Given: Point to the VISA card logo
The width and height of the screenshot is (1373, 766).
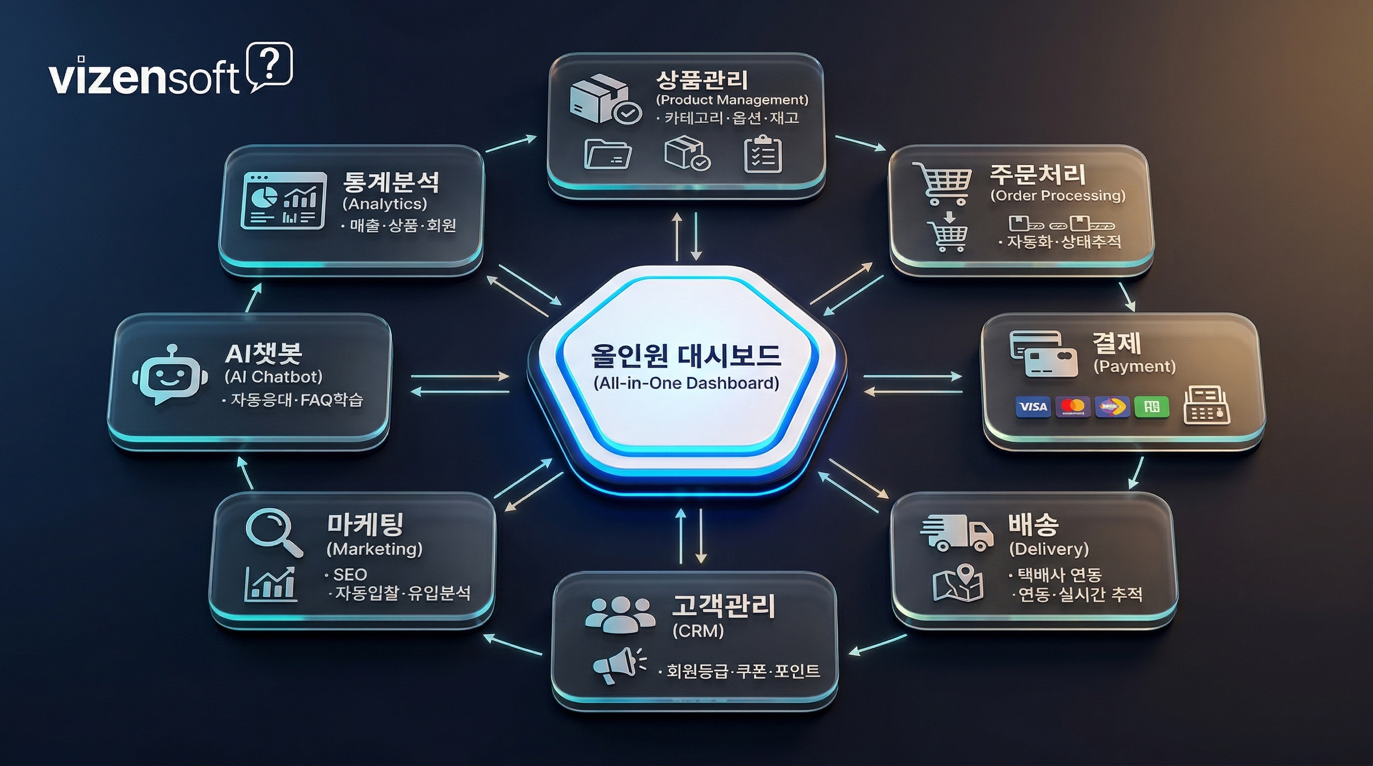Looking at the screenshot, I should coord(1032,407).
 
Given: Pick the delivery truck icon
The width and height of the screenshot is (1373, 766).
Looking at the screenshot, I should coord(957,532).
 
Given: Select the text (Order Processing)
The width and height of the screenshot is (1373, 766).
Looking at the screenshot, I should coord(1058,195).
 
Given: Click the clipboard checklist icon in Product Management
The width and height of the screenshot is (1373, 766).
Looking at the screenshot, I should coord(763,155).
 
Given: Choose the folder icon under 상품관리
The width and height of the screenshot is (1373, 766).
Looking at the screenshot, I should coord(608,154).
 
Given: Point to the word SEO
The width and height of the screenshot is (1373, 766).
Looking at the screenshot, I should coord(350,574).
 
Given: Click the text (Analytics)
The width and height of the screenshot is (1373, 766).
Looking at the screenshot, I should coord(385,203).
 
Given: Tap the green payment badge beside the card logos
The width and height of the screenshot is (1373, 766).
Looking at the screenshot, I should coord(1151,407).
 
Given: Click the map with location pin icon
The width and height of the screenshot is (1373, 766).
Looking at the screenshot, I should coord(958,583).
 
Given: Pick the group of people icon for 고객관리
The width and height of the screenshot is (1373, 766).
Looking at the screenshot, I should coord(620,614).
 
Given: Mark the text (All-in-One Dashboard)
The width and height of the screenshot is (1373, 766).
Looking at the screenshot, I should coord(686,383).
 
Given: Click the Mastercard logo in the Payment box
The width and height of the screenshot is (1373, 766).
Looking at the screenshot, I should coord(1072,407).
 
